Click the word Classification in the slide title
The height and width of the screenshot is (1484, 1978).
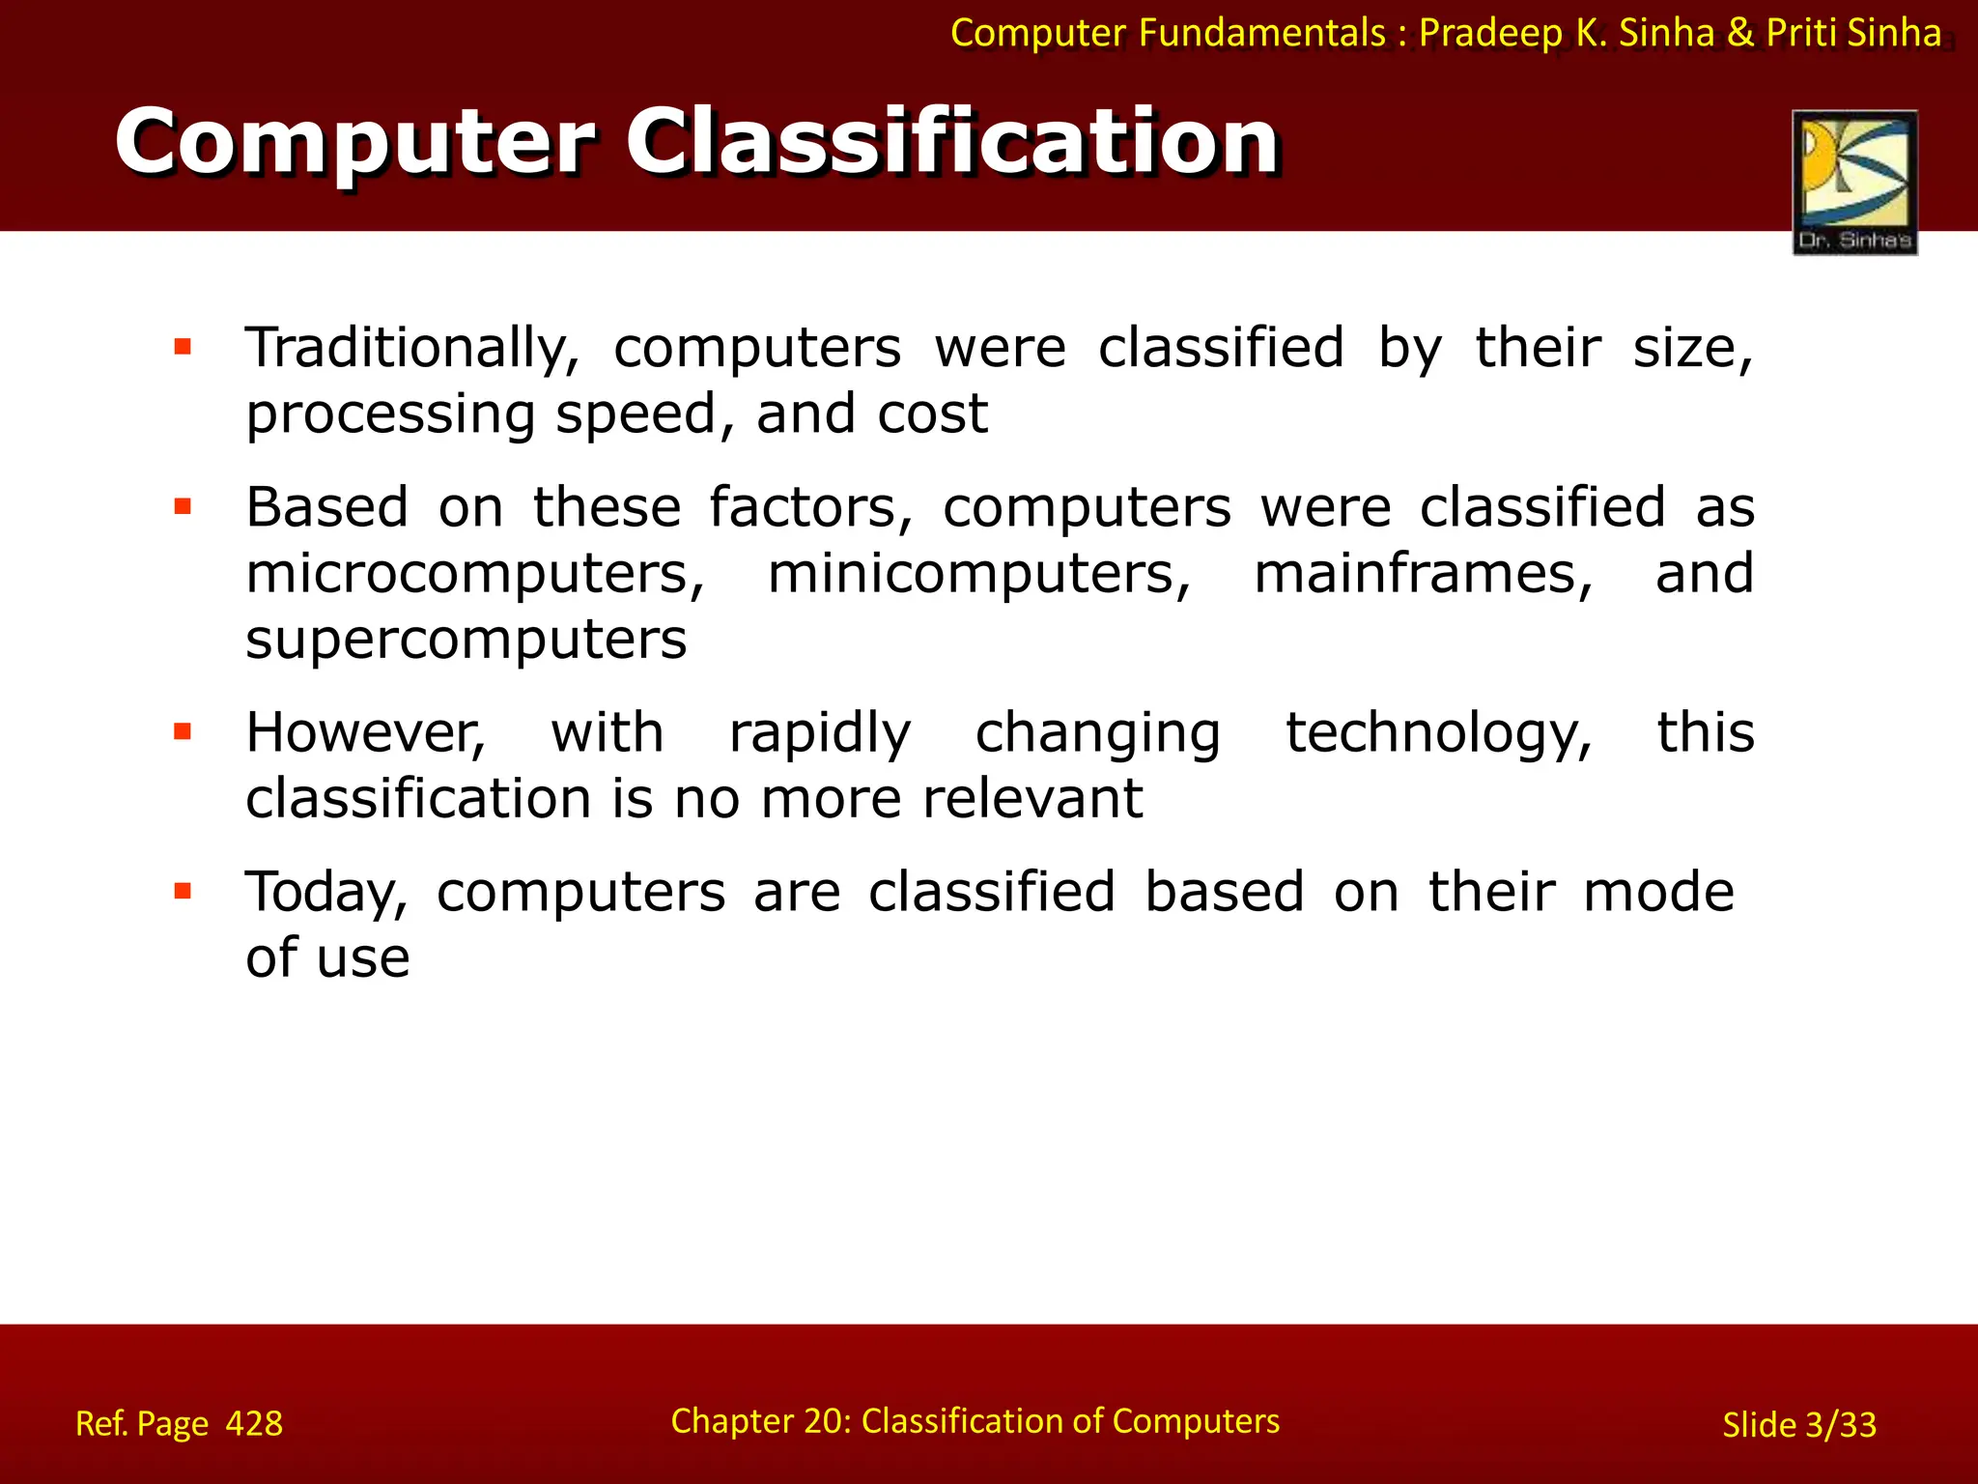pos(951,143)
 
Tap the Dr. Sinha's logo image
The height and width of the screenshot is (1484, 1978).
pos(1854,182)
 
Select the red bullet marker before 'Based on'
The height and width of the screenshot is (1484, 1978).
pos(183,506)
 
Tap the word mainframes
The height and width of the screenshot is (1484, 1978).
pos(1423,574)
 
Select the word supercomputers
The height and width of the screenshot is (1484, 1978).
pos(466,640)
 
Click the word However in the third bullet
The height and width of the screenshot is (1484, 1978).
pos(365,732)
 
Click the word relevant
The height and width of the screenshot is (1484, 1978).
pos(1032,799)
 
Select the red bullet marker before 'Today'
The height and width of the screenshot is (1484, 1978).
pos(183,891)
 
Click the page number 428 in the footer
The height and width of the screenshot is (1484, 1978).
pos(254,1424)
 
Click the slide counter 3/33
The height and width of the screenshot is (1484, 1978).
pos(1840,1425)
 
